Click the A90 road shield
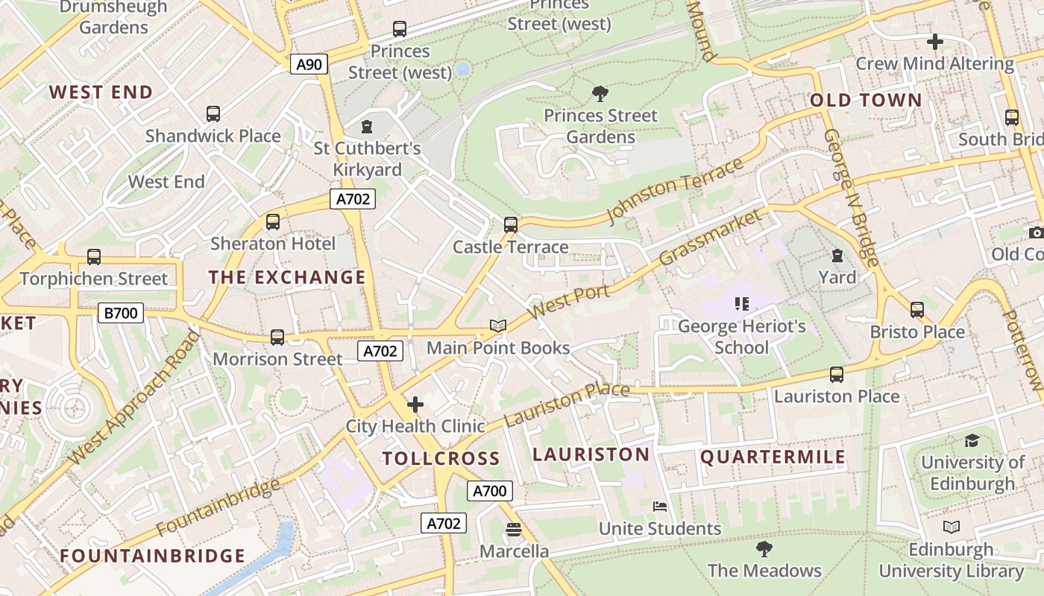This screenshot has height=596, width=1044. coord(309,65)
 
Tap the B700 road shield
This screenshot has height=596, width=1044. coord(120,313)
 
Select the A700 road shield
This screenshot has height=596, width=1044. coord(490,491)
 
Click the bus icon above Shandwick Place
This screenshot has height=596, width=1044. coord(213,114)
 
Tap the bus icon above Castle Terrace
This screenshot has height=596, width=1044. coord(511,224)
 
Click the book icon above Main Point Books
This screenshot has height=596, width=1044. coord(498,326)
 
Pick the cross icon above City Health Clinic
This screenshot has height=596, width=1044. coord(415,405)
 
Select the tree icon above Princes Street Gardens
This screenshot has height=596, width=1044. coord(600,93)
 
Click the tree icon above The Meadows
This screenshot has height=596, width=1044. coord(764,549)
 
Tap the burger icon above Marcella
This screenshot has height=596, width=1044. coord(514,530)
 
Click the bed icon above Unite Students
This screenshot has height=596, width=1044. coord(660,507)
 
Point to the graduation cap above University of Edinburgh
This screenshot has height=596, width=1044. coord(972,440)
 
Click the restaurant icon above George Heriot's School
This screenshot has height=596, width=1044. coord(741,304)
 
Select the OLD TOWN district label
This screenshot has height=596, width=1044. coord(866,101)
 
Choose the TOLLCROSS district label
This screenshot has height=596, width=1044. coord(441,458)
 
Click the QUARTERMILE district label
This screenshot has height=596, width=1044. coord(773,457)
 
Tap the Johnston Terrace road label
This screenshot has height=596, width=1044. coord(675,189)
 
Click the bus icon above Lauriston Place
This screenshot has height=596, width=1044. coord(837,374)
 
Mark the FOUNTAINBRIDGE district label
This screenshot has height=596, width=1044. coord(153,556)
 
